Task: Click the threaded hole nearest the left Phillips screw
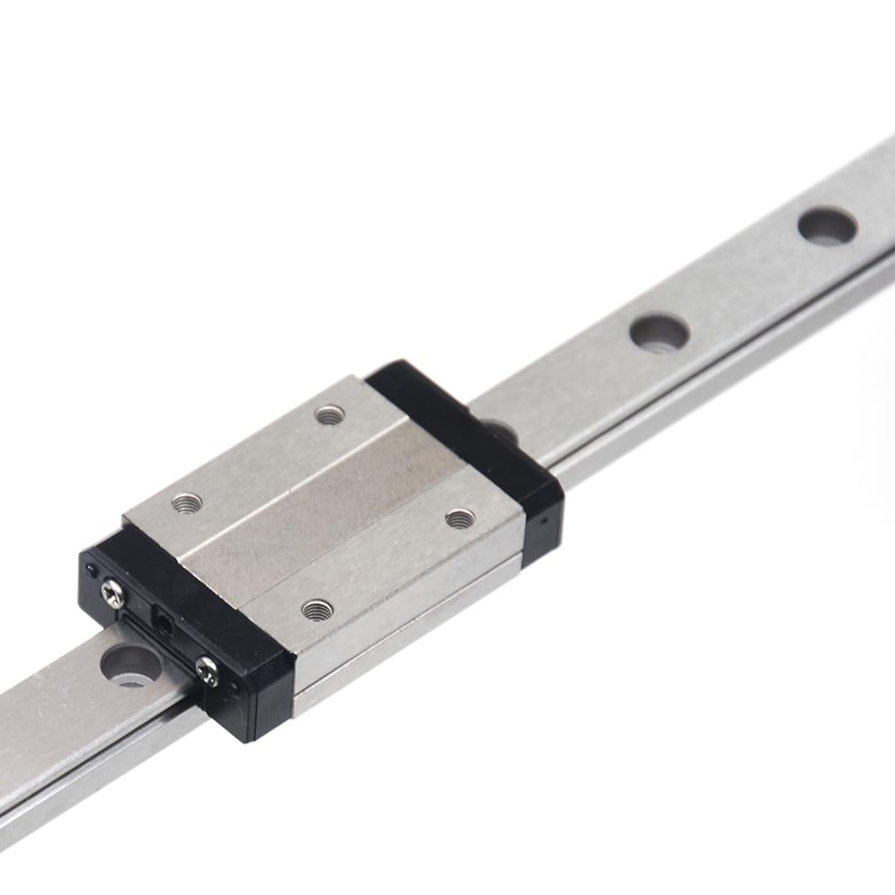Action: pos(187,503)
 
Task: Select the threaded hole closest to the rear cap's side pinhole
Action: pos(457,518)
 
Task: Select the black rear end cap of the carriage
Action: pos(470,443)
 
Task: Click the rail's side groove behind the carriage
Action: pos(709,372)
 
